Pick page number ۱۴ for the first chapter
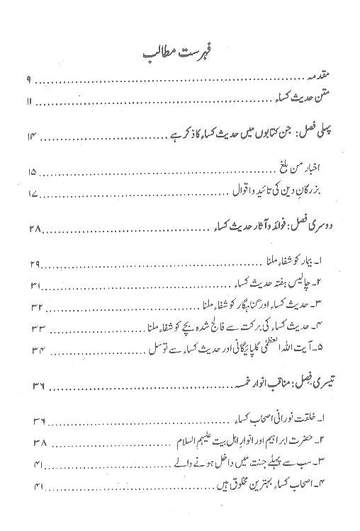(x=30, y=136)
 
